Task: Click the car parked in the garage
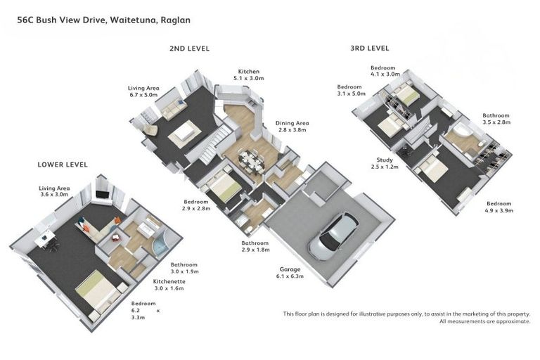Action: pos(333,236)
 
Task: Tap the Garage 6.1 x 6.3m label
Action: pos(290,273)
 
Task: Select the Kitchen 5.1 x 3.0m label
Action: pos(249,75)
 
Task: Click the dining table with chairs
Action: pos(252,160)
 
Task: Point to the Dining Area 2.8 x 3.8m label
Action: pos(292,127)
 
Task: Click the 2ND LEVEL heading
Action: pos(189,49)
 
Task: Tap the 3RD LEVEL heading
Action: pos(370,49)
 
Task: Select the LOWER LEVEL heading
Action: pos(63,165)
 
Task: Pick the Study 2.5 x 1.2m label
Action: pos(385,163)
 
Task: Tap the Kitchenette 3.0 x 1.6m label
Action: pos(169,285)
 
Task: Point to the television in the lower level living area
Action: pos(102,194)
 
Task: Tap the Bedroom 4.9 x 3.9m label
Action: pos(499,207)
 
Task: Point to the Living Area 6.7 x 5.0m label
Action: pos(143,91)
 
